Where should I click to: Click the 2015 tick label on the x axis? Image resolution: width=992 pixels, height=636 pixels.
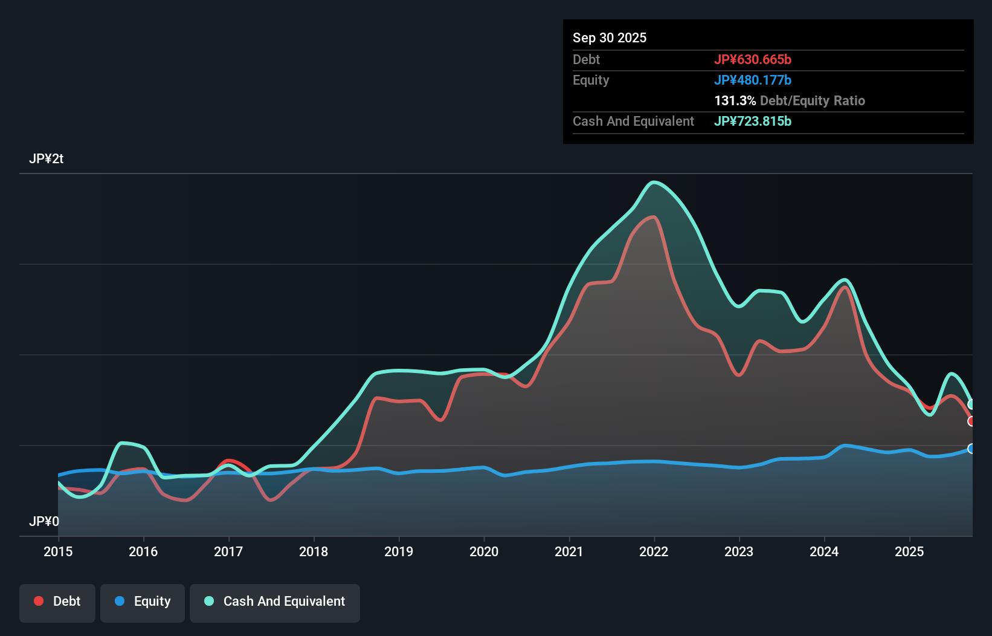click(x=58, y=551)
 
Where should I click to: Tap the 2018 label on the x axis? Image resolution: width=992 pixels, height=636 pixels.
click(x=314, y=551)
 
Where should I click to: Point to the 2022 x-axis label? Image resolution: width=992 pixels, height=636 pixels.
click(x=654, y=551)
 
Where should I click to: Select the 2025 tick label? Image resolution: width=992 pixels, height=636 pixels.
click(x=909, y=551)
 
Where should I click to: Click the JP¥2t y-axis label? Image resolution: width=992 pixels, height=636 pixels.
click(x=46, y=159)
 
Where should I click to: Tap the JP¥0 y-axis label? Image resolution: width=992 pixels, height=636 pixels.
click(x=43, y=521)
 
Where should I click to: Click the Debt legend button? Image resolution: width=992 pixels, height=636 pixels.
click(x=57, y=602)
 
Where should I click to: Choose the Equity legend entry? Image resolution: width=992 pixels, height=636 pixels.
click(x=143, y=602)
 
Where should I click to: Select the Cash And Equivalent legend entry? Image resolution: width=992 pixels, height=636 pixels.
click(x=275, y=602)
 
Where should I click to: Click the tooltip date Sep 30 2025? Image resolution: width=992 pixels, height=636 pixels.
click(x=609, y=37)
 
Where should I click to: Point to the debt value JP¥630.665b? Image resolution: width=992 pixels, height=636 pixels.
click(x=752, y=59)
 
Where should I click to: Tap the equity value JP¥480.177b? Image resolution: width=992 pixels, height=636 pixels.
click(x=752, y=80)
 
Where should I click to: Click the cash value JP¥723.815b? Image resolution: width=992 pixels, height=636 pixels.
click(x=752, y=121)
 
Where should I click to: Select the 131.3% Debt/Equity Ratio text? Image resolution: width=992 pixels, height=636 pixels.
click(x=789, y=100)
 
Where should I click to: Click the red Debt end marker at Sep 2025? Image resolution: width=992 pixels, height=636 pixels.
click(x=971, y=421)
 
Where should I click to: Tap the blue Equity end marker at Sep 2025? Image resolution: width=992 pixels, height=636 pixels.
click(x=971, y=449)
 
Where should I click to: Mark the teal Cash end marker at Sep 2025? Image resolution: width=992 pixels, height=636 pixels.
click(x=971, y=404)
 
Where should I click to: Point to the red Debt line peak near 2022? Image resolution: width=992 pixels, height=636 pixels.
click(x=653, y=217)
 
